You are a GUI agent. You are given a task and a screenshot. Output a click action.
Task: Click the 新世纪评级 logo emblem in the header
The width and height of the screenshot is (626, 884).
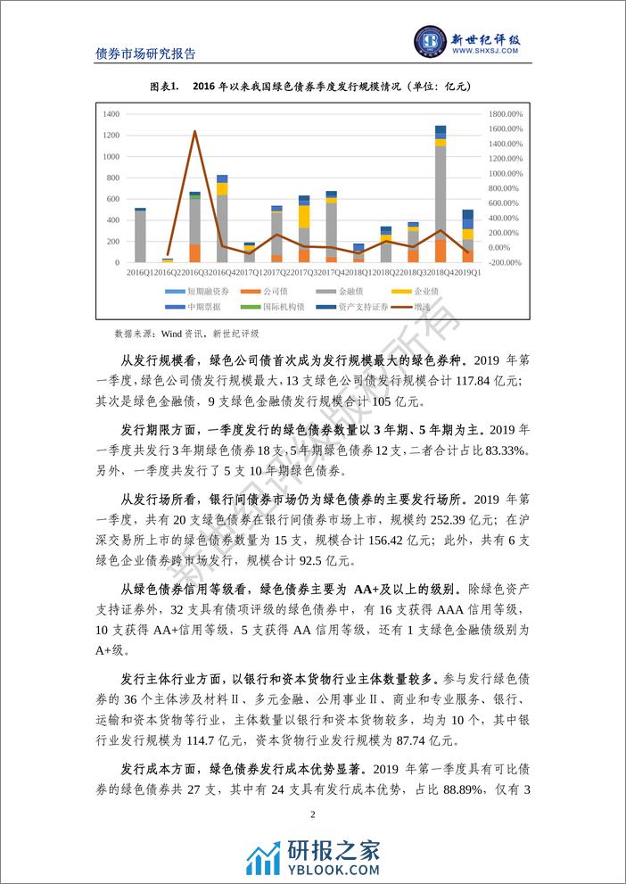[x=432, y=42]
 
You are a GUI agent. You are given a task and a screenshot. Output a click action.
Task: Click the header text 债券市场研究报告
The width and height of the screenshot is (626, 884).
[x=145, y=53]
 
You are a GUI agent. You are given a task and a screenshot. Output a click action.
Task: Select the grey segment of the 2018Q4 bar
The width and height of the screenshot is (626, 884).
[x=441, y=192]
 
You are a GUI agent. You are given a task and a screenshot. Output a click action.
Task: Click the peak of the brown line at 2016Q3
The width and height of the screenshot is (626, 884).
[x=194, y=132]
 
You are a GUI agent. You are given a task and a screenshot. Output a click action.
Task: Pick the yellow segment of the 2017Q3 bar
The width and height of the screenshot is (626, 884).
[x=304, y=217]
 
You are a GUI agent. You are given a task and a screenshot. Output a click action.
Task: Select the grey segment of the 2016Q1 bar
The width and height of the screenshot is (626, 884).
[x=140, y=236]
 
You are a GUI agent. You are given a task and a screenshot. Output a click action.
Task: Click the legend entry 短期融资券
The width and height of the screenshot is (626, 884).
[x=203, y=292]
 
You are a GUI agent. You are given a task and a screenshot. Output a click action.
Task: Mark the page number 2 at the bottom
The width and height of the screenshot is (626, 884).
[x=313, y=814]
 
